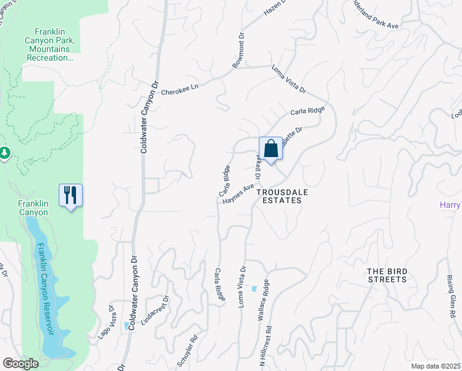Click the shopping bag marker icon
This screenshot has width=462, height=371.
(271, 149)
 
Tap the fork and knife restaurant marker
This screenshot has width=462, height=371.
(70, 196)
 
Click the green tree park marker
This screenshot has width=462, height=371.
(4, 152)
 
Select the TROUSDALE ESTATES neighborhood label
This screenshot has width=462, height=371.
(285, 196)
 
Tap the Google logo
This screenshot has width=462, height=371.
(20, 364)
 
